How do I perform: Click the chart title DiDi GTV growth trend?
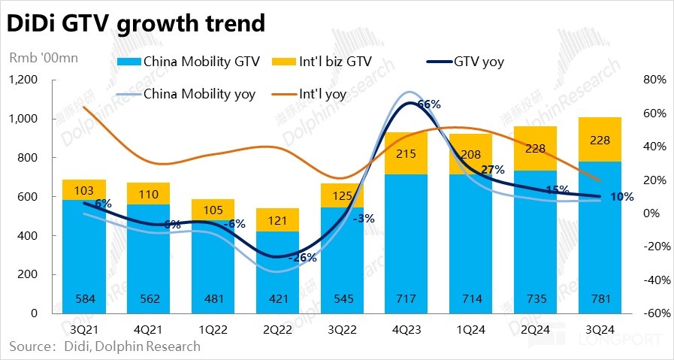tap(136, 24)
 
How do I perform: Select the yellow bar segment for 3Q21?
tap(84, 189)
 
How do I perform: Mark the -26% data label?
tap(304, 258)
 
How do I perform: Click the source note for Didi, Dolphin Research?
tap(104, 346)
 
